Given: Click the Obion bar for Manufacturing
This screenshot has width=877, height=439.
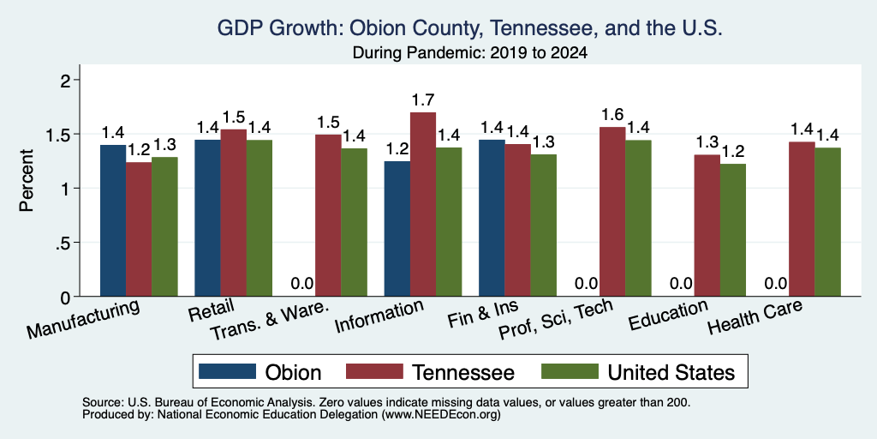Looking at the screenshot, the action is click(113, 220).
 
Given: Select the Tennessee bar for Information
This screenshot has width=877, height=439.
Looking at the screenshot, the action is click(423, 204).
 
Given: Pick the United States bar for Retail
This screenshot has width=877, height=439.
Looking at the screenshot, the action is click(259, 218).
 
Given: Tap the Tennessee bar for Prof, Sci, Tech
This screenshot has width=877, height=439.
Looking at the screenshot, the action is click(612, 212).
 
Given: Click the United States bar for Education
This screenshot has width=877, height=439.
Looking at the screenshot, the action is click(733, 230).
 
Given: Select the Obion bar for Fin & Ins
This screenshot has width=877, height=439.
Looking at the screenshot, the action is click(492, 218).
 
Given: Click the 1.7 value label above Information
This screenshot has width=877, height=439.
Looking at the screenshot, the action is click(423, 101).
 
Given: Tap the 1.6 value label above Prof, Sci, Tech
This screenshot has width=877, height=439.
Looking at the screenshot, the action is click(612, 116).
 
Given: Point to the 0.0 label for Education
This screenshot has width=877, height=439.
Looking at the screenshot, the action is click(681, 284).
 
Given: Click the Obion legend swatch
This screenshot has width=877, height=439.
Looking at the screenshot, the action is click(227, 371).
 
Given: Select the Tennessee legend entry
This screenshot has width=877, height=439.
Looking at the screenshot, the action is click(430, 372).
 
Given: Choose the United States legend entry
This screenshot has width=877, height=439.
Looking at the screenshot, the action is click(637, 372).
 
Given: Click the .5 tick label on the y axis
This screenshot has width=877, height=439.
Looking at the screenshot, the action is click(67, 243).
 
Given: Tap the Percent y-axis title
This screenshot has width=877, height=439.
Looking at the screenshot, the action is click(27, 180).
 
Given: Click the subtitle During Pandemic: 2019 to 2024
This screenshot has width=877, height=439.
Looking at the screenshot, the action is click(470, 54).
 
